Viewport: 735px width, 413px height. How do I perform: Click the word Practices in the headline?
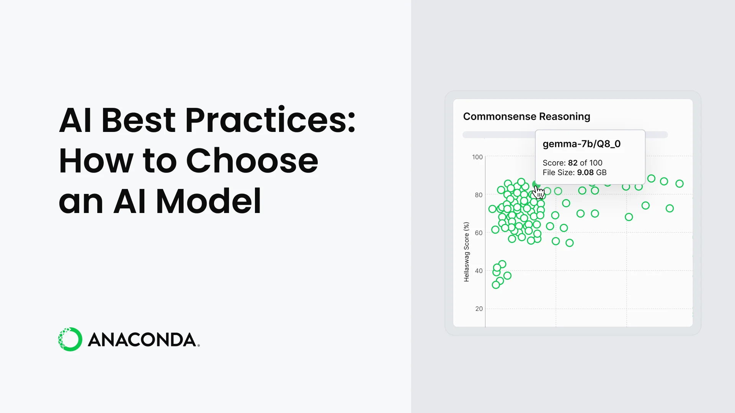click(x=271, y=120)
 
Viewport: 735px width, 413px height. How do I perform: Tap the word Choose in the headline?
click(x=252, y=161)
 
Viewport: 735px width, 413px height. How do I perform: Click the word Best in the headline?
click(x=138, y=120)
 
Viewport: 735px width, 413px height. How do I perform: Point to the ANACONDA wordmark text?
click(x=144, y=340)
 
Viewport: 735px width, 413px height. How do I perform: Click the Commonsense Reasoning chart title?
click(x=527, y=116)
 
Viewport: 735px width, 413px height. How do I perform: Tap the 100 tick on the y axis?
click(x=477, y=157)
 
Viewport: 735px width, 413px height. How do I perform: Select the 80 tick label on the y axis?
click(x=479, y=195)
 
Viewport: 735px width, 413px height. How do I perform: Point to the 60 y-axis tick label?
click(x=479, y=233)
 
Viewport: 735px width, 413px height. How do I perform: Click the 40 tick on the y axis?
click(x=479, y=271)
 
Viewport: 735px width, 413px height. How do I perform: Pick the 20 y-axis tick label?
click(x=479, y=309)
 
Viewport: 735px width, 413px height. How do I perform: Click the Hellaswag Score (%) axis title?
click(x=466, y=252)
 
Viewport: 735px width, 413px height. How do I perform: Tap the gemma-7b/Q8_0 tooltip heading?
click(x=581, y=144)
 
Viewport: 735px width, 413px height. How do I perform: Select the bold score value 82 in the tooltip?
click(x=573, y=163)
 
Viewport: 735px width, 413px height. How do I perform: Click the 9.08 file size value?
click(x=585, y=172)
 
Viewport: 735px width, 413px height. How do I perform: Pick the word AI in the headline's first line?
click(x=75, y=120)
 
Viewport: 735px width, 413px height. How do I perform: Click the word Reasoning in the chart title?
click(x=565, y=117)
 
